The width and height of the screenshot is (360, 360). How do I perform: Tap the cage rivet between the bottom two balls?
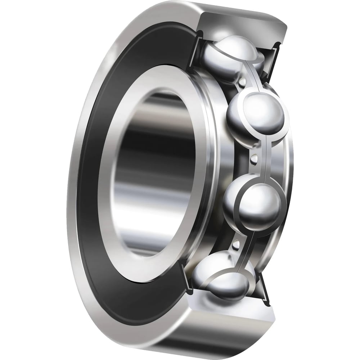pyautogui.click(x=237, y=245)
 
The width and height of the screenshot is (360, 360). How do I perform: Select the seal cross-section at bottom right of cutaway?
pyautogui.click(x=265, y=292)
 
